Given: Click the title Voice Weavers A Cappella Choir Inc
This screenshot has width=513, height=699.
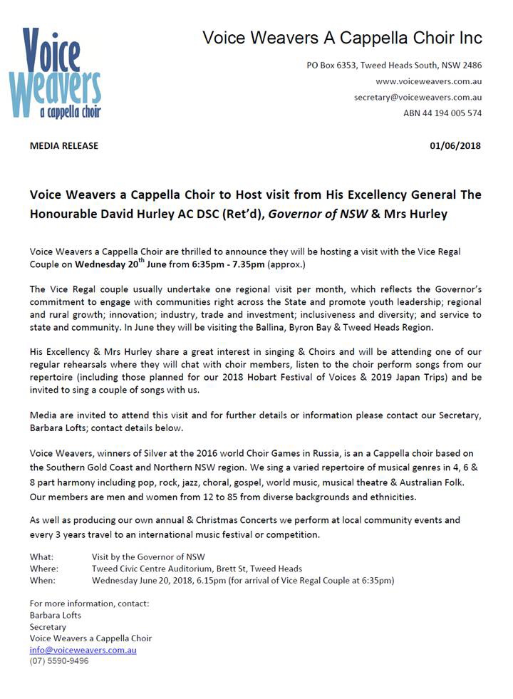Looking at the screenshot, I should click(342, 37).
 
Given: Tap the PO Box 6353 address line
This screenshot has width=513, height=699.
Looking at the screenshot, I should click(394, 65).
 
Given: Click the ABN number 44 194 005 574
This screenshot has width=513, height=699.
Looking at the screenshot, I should click(442, 113).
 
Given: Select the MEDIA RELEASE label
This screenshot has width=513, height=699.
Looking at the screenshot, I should click(64, 146).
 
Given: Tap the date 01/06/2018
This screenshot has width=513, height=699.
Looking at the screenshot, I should click(455, 146).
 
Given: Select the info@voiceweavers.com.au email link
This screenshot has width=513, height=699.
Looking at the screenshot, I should click(83, 650).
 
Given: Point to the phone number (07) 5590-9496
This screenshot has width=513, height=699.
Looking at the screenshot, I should click(59, 661).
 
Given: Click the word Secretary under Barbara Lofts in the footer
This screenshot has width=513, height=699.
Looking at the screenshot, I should click(48, 627).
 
